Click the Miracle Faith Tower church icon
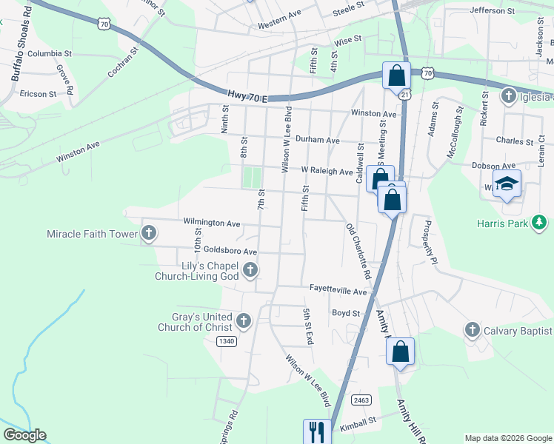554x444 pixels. pos(149,234)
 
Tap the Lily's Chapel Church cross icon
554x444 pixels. pos(250,270)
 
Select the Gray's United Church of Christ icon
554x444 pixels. pos(244,321)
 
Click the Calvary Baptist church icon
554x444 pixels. pos(473,330)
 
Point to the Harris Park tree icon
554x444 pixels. pos(542,222)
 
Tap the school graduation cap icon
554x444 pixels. pos(507,184)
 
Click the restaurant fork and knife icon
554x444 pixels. pos(318,431)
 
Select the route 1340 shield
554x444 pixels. pos(227,341)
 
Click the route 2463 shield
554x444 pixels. pos(361,400)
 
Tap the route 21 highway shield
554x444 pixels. pos(404,95)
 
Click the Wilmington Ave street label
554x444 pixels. pos(212,223)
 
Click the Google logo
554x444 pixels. pos(24,435)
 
